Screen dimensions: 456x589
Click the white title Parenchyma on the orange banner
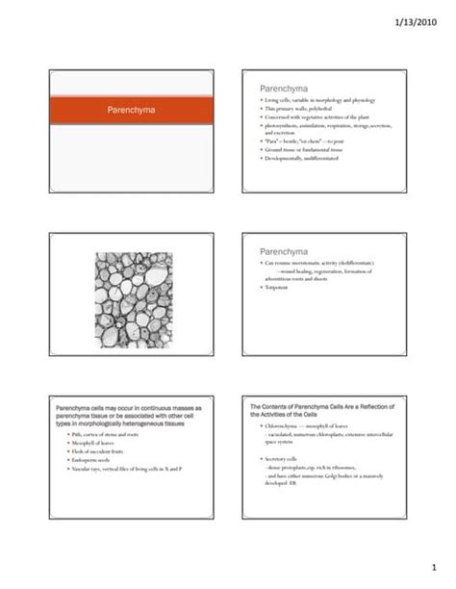pyautogui.click(x=136, y=111)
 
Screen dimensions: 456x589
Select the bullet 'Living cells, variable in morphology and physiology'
pyautogui.click(x=318, y=100)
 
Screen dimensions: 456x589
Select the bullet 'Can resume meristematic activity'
pyautogui.click(x=313, y=262)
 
